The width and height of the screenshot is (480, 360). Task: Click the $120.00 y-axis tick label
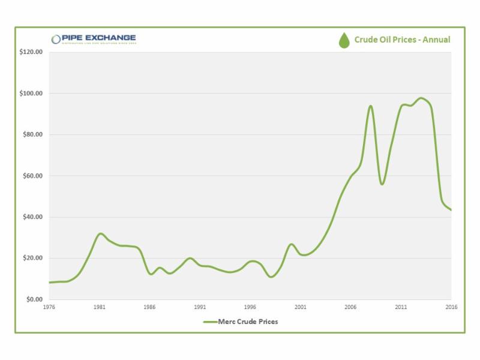31,52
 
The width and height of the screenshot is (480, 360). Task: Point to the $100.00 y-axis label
31,94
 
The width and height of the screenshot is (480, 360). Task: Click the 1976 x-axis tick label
49,307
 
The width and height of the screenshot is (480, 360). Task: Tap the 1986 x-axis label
150,307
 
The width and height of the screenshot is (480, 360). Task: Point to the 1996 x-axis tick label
250,307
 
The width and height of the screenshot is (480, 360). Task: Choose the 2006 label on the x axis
351,307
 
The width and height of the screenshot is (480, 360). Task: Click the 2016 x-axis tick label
451,307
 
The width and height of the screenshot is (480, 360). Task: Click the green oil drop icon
344,40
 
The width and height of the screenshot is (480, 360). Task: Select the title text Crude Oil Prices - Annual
402,40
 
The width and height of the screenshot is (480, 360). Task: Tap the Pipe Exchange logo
94,39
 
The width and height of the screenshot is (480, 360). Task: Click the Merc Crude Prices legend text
248,322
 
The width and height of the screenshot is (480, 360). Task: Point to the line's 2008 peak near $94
371,106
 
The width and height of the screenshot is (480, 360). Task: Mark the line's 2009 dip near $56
382,184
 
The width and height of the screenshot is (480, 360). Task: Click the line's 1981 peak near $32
100,233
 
